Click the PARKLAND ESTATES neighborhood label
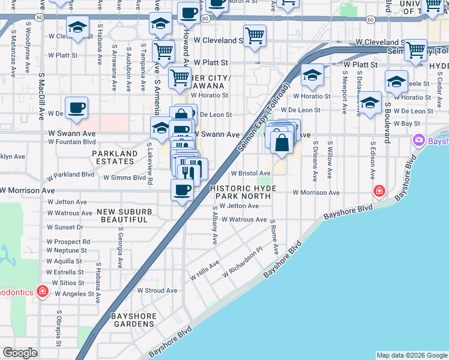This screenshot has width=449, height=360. (x=115, y=157)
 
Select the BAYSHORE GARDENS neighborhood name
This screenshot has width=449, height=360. (x=133, y=320)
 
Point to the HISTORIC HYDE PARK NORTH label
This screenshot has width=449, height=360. (x=244, y=192)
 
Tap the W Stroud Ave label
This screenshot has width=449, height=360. (x=157, y=290)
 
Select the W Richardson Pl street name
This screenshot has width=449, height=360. (x=242, y=264)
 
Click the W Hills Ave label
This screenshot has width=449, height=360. (x=205, y=271)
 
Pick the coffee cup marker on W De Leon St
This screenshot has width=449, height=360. (x=76, y=108)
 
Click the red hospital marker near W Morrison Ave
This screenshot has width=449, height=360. (x=379, y=191)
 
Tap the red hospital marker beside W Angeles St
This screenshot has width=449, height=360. (x=43, y=292)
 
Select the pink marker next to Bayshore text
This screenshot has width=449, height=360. (x=418, y=140)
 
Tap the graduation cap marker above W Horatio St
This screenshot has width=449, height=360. (x=312, y=75)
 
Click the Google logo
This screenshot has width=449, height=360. (x=20, y=353)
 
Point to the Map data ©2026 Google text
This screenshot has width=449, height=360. (x=411, y=355)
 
